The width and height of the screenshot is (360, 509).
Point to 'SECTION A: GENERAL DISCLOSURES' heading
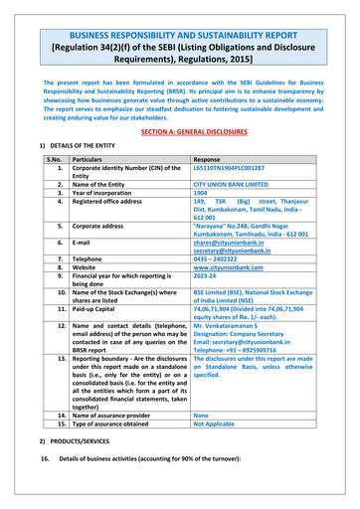coord(180,131)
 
